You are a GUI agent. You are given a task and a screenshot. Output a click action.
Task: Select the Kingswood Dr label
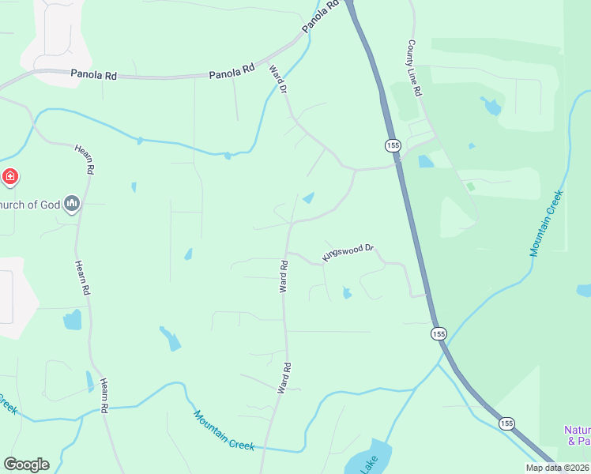(348, 253)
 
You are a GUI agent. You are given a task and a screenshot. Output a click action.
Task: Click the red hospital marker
(10, 176)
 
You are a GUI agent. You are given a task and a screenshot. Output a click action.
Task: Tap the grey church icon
(72, 205)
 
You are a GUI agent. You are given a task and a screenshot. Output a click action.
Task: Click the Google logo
(26, 465)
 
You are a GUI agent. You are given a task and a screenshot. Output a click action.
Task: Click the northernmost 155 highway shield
(393, 145)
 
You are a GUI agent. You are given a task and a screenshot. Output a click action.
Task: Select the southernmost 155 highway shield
(506, 424)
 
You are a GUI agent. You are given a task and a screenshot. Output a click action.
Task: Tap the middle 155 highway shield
(439, 334)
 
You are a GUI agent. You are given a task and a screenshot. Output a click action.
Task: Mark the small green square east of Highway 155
(471, 186)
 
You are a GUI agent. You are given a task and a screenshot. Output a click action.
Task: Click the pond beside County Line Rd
(491, 106)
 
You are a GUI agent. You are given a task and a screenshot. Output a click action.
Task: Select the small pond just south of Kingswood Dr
(347, 293)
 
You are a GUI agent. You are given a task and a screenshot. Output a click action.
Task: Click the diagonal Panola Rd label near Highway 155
(322, 17)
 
